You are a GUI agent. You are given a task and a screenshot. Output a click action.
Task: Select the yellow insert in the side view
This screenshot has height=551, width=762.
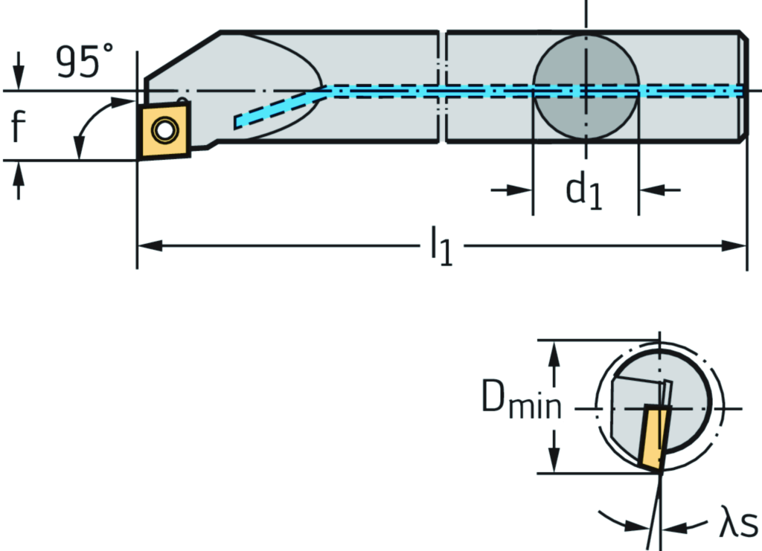(163, 131)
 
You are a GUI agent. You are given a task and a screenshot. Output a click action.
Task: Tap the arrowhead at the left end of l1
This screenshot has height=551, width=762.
(147, 245)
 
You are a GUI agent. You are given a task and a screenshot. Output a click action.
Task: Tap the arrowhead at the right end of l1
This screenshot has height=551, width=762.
(737, 245)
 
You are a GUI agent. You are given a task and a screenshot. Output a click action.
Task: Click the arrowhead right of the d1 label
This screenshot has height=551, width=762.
(648, 190)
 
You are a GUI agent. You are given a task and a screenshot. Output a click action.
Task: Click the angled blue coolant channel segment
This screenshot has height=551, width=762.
(279, 108)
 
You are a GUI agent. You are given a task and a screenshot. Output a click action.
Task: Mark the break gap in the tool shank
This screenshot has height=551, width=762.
(442, 86)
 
